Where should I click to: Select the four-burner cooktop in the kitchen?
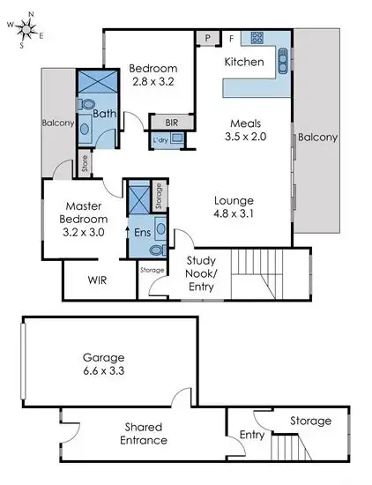257,38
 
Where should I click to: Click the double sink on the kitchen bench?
283,60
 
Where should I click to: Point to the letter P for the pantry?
207,38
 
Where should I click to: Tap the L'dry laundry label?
160,140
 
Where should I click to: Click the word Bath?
105,114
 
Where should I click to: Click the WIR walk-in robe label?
97,281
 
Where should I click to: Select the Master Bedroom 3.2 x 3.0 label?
84,220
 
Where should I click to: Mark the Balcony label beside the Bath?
57,123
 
